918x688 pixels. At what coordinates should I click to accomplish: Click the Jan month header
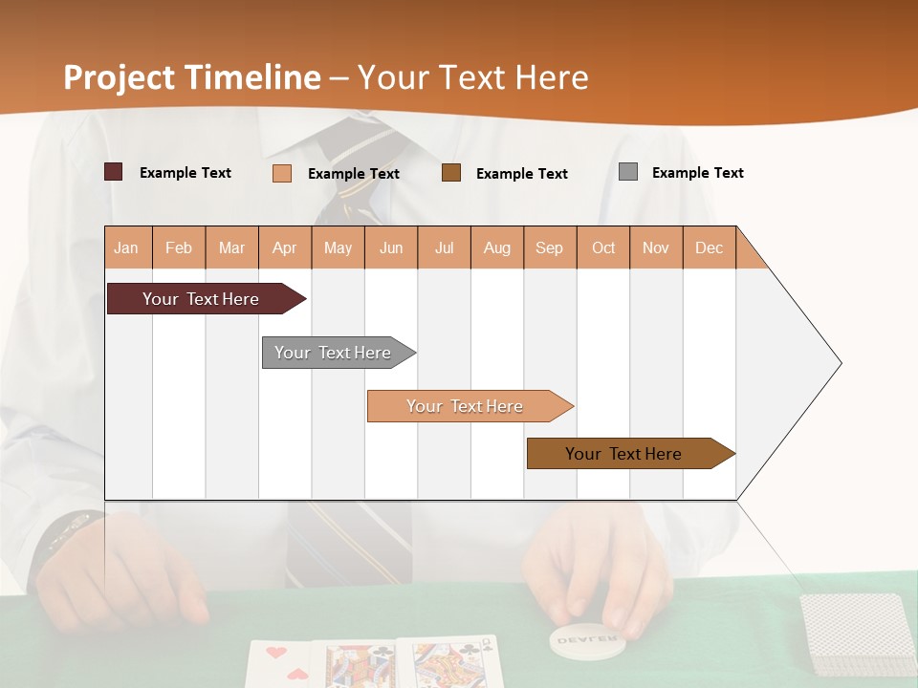[x=127, y=247]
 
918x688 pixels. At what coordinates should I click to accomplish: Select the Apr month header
[x=285, y=247]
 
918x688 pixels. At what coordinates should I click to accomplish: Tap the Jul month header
[x=444, y=247]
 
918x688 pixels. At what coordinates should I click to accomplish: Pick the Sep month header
[x=549, y=247]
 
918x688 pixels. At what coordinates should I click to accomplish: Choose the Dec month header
[x=709, y=247]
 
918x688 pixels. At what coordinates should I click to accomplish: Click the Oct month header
[x=603, y=247]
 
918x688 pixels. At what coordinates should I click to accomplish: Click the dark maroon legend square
[x=114, y=172]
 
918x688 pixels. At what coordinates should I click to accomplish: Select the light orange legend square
[x=282, y=173]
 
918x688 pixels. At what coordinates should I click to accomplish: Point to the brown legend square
[x=451, y=173]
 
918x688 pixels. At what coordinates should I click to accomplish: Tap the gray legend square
[x=628, y=172]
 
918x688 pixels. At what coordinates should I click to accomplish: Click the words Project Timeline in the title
[x=192, y=77]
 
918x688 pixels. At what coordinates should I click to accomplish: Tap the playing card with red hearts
[x=283, y=664]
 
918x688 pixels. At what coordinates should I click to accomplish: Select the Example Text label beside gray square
[x=697, y=172]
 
